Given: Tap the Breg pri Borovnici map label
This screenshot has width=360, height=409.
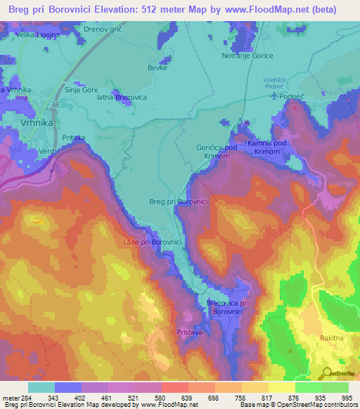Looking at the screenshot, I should coord(178,202).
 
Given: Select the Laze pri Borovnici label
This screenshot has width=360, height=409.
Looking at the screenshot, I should coord(153,242).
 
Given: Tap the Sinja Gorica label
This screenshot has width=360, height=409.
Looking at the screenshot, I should coord(80,90).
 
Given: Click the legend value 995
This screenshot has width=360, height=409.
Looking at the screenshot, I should coord(348,398).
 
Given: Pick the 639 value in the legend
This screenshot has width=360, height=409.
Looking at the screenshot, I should coord(188,398).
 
